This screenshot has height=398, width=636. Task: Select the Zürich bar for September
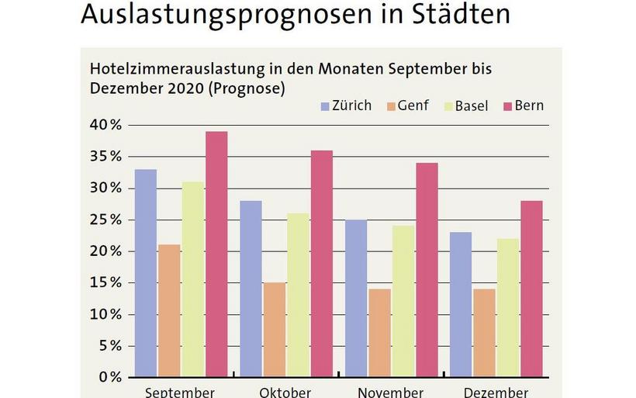[146, 272]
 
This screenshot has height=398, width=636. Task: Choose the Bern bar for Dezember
[531, 289]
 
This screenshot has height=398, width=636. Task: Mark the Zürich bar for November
[357, 298]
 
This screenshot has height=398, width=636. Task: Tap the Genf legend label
[413, 106]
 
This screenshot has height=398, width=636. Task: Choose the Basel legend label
[471, 106]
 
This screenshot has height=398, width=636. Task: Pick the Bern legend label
[530, 106]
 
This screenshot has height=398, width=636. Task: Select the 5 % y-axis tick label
[108, 346]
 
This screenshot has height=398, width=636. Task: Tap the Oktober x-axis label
[286, 392]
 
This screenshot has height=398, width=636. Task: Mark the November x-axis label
[391, 392]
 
